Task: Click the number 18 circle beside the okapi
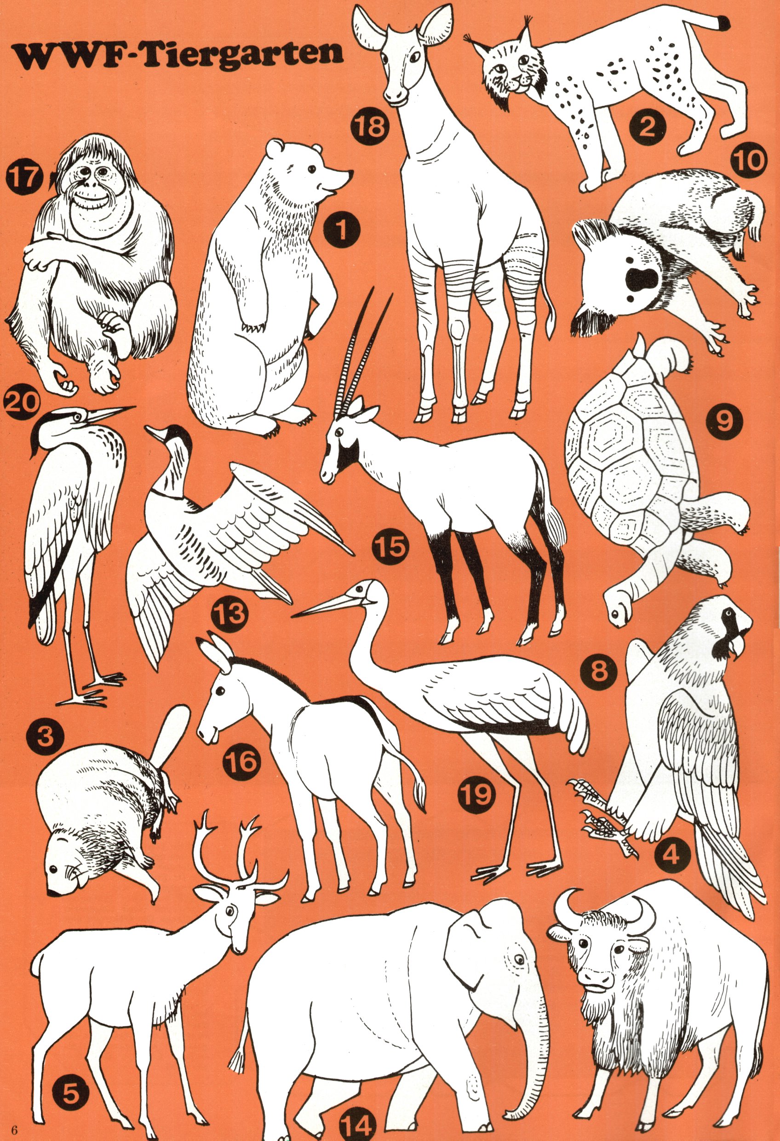[370, 126]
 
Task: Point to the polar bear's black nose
[350, 174]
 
